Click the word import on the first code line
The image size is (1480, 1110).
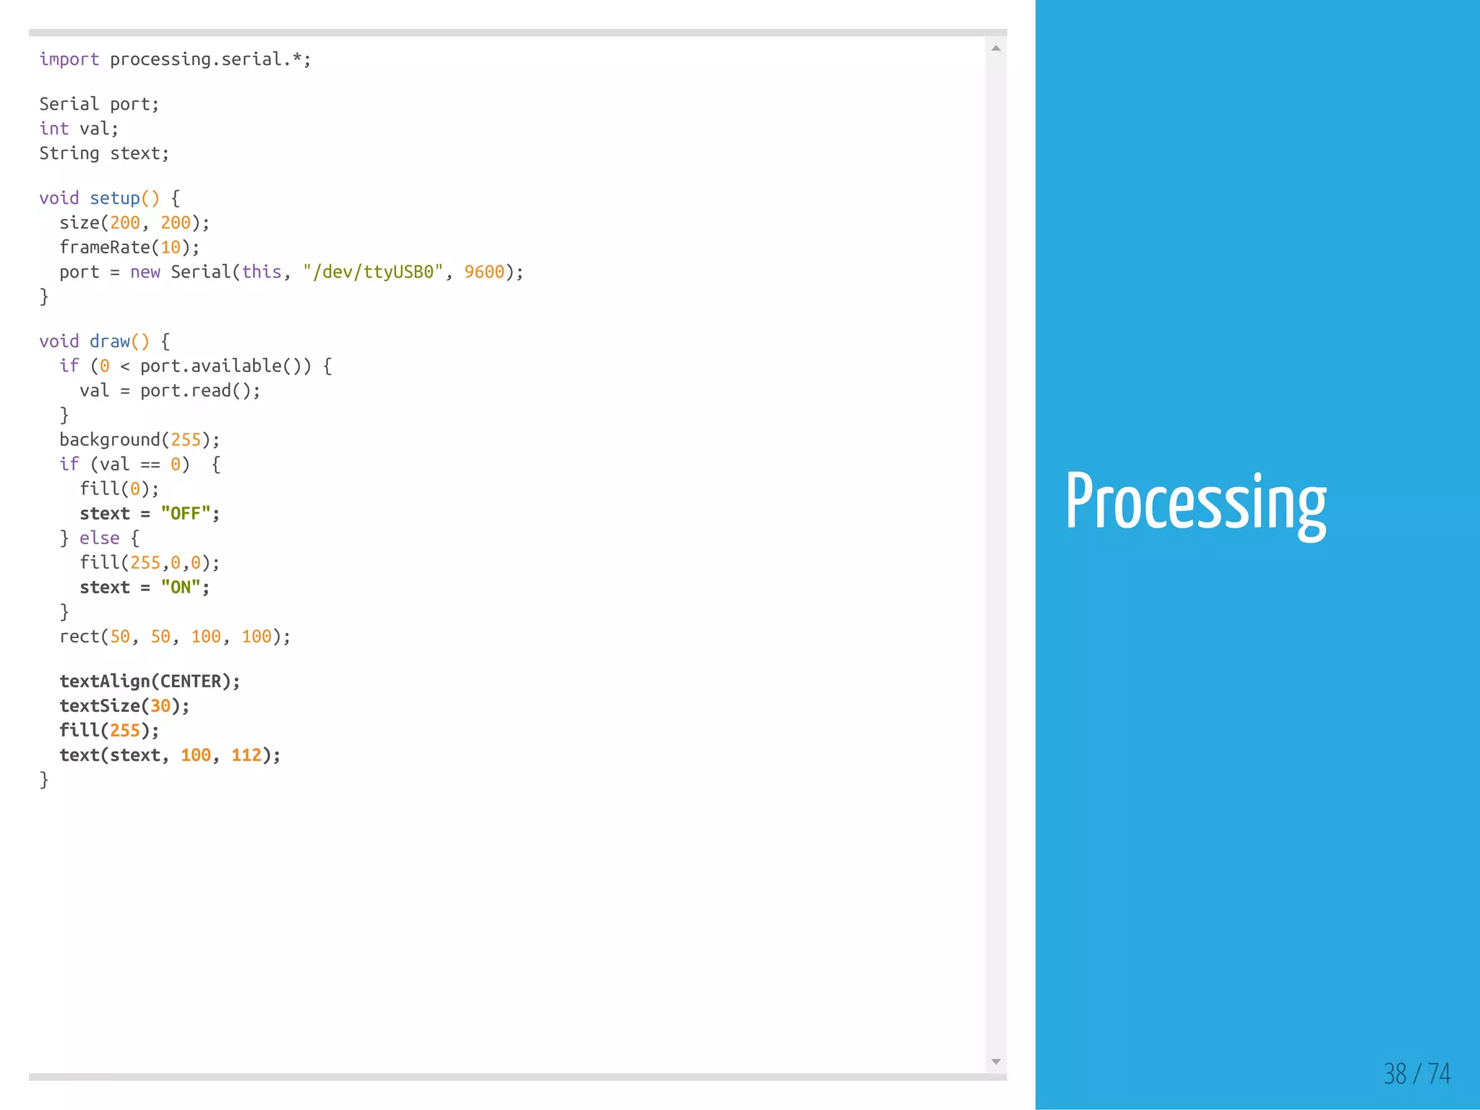[x=69, y=59]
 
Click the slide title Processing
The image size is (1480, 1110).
[x=1195, y=502]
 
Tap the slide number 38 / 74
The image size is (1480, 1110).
[x=1416, y=1073]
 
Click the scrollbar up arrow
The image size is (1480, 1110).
[x=996, y=48]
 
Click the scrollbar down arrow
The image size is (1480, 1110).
[x=996, y=1062]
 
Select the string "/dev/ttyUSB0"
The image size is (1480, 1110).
[x=373, y=272]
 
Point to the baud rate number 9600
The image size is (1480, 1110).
[x=484, y=272]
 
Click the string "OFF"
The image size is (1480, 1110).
[x=186, y=513]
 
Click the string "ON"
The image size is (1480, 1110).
[x=181, y=587]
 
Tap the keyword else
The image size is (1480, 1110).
[x=100, y=538]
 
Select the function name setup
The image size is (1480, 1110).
[x=115, y=198]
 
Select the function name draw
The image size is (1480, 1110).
[x=110, y=341]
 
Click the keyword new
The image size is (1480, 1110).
[x=145, y=272]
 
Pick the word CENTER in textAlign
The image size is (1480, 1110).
[x=191, y=681]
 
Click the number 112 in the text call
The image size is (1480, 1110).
[x=246, y=754]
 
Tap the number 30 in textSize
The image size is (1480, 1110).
[x=160, y=705]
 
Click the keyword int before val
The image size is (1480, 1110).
[x=54, y=129]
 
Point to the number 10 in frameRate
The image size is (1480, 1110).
[x=171, y=247]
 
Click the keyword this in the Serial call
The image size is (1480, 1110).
[x=262, y=272]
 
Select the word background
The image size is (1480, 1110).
[x=110, y=439]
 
